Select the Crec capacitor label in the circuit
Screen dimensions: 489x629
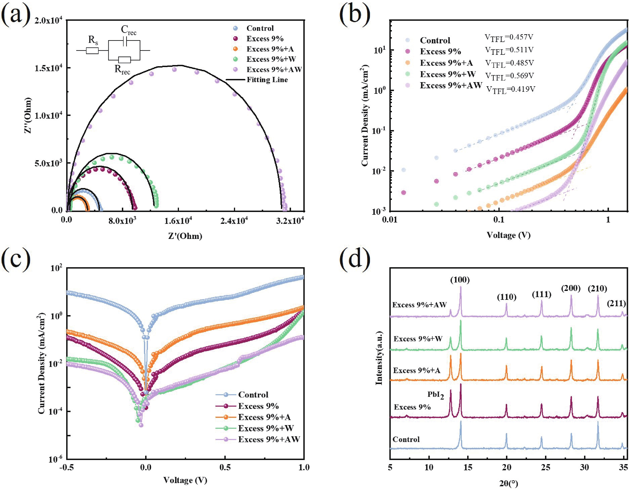[x=128, y=30]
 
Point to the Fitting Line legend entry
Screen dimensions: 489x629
[x=267, y=80]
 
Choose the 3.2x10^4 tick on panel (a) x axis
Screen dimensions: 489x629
[x=290, y=221]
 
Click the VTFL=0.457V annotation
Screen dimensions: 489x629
[x=509, y=37]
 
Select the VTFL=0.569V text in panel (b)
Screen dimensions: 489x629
[x=509, y=76]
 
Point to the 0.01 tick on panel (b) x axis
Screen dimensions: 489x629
[x=390, y=220]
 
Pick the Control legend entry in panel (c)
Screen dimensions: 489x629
[x=253, y=395]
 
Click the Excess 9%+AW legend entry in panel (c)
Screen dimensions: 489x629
[x=269, y=439]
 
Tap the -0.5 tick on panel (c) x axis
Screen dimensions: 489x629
[x=67, y=467]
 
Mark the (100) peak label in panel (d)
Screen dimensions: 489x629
[x=460, y=280]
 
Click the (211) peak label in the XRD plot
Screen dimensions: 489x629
[x=616, y=303]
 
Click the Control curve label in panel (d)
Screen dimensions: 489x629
[x=406, y=439]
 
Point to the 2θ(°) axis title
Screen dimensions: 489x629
[x=509, y=484]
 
